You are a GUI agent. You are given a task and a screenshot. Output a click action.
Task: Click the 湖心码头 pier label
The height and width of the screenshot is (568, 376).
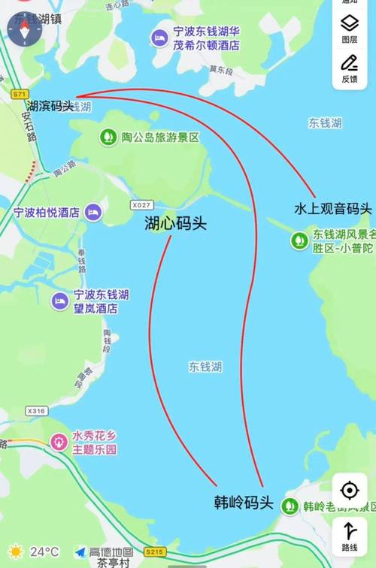[175, 223]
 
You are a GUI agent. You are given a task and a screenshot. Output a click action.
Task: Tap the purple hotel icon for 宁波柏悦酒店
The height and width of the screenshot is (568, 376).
[92, 213]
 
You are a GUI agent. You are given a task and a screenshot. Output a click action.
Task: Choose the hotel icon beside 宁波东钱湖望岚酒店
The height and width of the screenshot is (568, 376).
[59, 301]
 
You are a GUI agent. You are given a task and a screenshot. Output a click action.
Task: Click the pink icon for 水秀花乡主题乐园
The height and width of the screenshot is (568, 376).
[58, 442]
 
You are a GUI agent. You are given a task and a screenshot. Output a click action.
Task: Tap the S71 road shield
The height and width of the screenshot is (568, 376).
[20, 94]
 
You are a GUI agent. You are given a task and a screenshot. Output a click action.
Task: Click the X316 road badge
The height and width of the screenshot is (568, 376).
[36, 411]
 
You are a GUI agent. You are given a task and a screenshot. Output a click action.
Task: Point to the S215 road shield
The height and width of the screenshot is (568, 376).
[154, 552]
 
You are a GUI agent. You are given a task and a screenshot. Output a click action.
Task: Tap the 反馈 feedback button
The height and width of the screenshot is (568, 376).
[350, 69]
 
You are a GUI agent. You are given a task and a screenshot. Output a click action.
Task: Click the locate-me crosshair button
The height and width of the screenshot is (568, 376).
[350, 491]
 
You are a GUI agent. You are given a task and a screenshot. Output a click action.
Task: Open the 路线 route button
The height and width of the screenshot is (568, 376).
[350, 536]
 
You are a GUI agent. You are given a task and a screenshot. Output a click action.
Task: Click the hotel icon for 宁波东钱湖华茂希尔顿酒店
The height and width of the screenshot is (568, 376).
[159, 38]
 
